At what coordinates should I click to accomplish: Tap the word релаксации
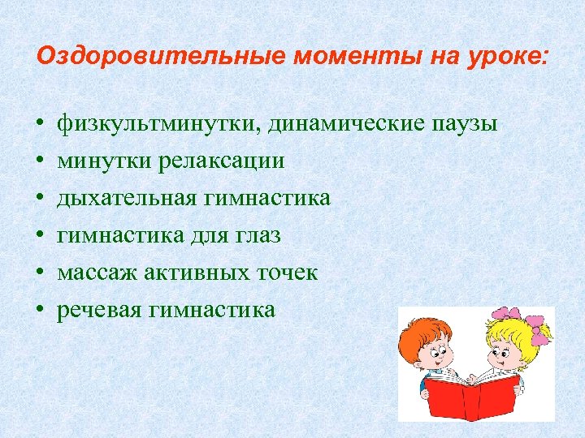click(x=223, y=161)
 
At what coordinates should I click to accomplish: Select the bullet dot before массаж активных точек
click(x=39, y=273)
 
